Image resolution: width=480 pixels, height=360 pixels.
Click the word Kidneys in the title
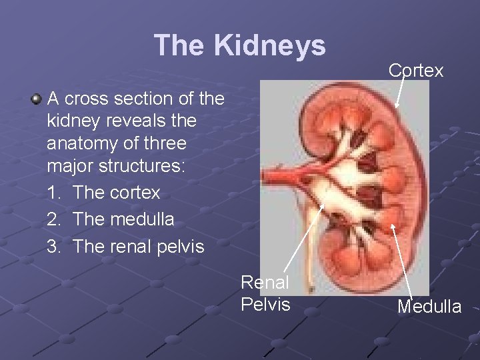coord(270,45)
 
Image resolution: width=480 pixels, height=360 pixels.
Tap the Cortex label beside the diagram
coord(415,71)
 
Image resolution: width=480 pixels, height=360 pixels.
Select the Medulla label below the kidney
coord(429,307)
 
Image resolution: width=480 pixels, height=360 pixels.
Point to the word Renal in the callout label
coord(265,283)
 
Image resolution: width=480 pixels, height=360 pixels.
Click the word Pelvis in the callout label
coord(265,304)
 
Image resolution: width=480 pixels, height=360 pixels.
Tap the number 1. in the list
coord(55,193)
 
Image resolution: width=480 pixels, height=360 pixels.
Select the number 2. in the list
coord(55,219)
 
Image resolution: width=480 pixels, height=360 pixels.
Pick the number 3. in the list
coord(55,246)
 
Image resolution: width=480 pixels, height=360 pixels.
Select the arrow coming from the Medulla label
coord(403,260)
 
